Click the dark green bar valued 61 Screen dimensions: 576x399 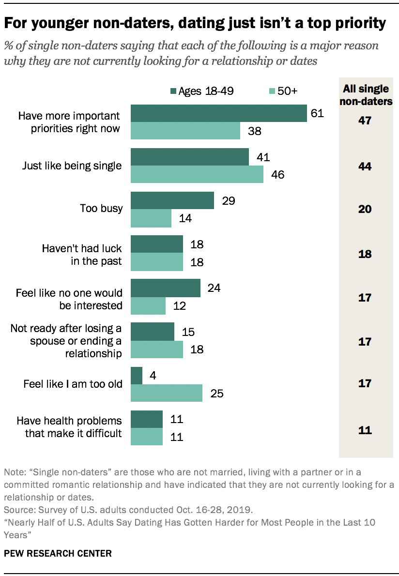pyautogui.click(x=219, y=113)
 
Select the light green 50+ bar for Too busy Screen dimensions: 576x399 pyautogui.click(x=151, y=218)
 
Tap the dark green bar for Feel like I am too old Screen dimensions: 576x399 pyautogui.click(x=137, y=375)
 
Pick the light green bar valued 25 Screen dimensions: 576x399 pyautogui.click(x=167, y=393)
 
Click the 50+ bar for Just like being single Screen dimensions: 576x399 pyautogui.click(x=197, y=174)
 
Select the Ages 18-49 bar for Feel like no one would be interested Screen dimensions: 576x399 pyautogui.click(x=166, y=288)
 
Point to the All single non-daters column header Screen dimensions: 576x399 pyautogui.click(x=365, y=95)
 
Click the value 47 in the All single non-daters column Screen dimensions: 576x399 pyautogui.click(x=365, y=121)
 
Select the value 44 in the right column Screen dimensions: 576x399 pyautogui.click(x=365, y=166)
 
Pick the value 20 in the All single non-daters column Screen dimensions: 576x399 pyautogui.click(x=365, y=210)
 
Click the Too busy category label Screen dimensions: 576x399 pyautogui.click(x=101, y=209)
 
